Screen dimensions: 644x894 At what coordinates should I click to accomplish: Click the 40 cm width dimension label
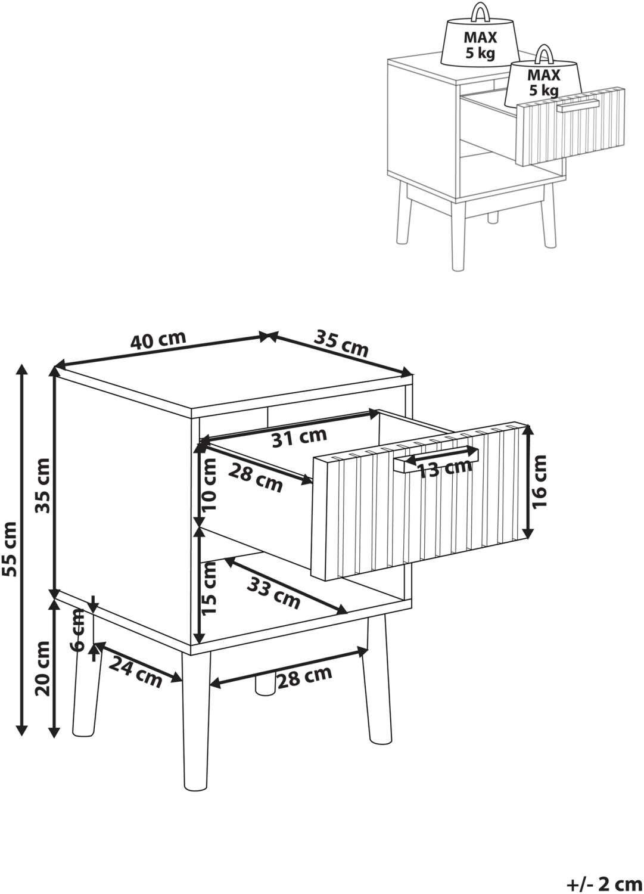point(158,340)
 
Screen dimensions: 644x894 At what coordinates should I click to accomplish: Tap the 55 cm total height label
point(10,549)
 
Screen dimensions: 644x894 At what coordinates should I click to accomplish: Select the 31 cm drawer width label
point(299,437)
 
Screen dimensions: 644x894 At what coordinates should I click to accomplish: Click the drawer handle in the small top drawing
point(578,105)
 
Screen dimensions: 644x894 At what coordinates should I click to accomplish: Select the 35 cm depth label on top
point(340,343)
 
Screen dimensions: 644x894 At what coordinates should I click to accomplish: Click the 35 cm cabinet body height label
point(43,486)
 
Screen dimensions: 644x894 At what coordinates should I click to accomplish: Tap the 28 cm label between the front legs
point(304,677)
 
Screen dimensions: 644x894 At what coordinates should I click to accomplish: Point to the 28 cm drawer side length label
point(256,479)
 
